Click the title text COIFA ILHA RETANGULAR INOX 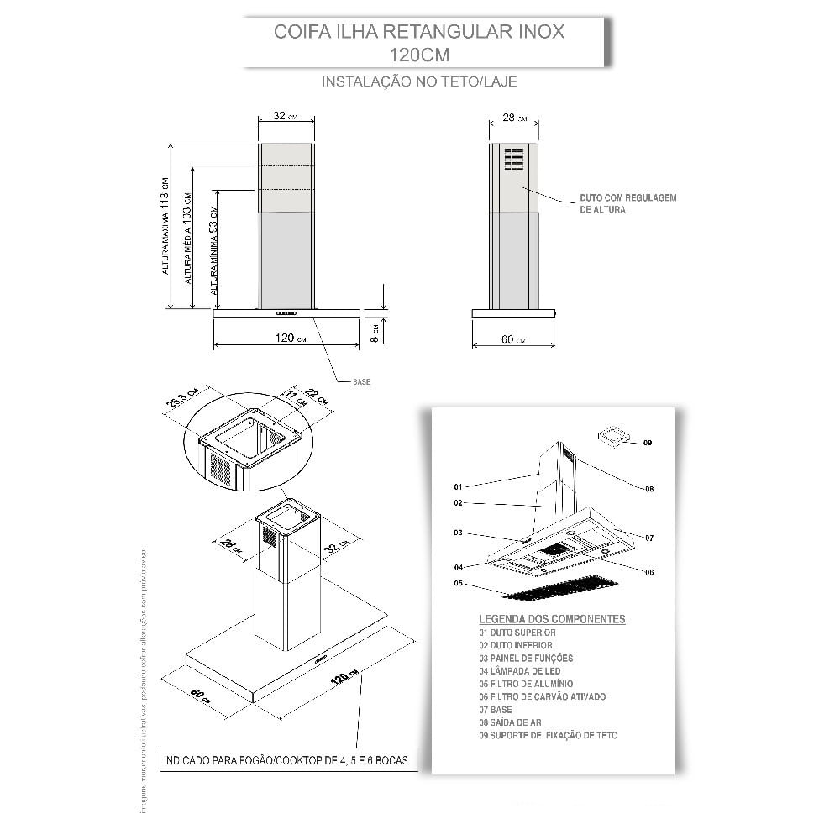pos(419,33)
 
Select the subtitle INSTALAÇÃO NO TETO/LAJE pos(419,82)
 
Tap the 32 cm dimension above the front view pos(285,117)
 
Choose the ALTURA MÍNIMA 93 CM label pos(214,249)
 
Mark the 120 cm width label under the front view pos(288,338)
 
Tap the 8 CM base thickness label pos(377,332)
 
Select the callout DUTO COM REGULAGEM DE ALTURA pos(627,203)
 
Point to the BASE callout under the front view pos(361,381)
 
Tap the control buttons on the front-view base pos(286,313)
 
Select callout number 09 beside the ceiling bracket pos(646,442)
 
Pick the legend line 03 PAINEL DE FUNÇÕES pos(526,658)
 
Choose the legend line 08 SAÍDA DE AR pos(510,722)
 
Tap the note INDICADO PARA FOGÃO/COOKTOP pos(286,760)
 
